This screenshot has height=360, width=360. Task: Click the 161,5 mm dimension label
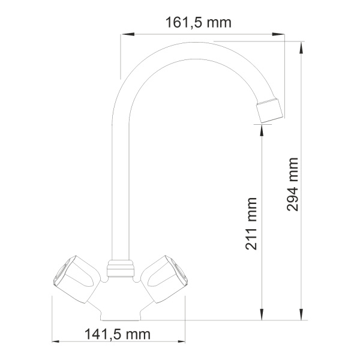pos(198,23)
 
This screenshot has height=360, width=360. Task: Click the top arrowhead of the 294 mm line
pos(301,45)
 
